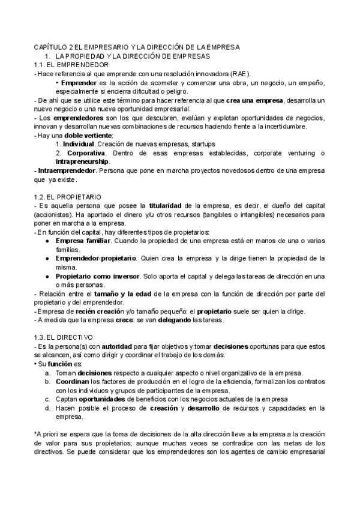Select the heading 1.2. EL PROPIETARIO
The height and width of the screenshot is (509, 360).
(68, 196)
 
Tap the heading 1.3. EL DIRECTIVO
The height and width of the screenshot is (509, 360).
(64, 337)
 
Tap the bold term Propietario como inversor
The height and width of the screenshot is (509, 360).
(98, 276)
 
